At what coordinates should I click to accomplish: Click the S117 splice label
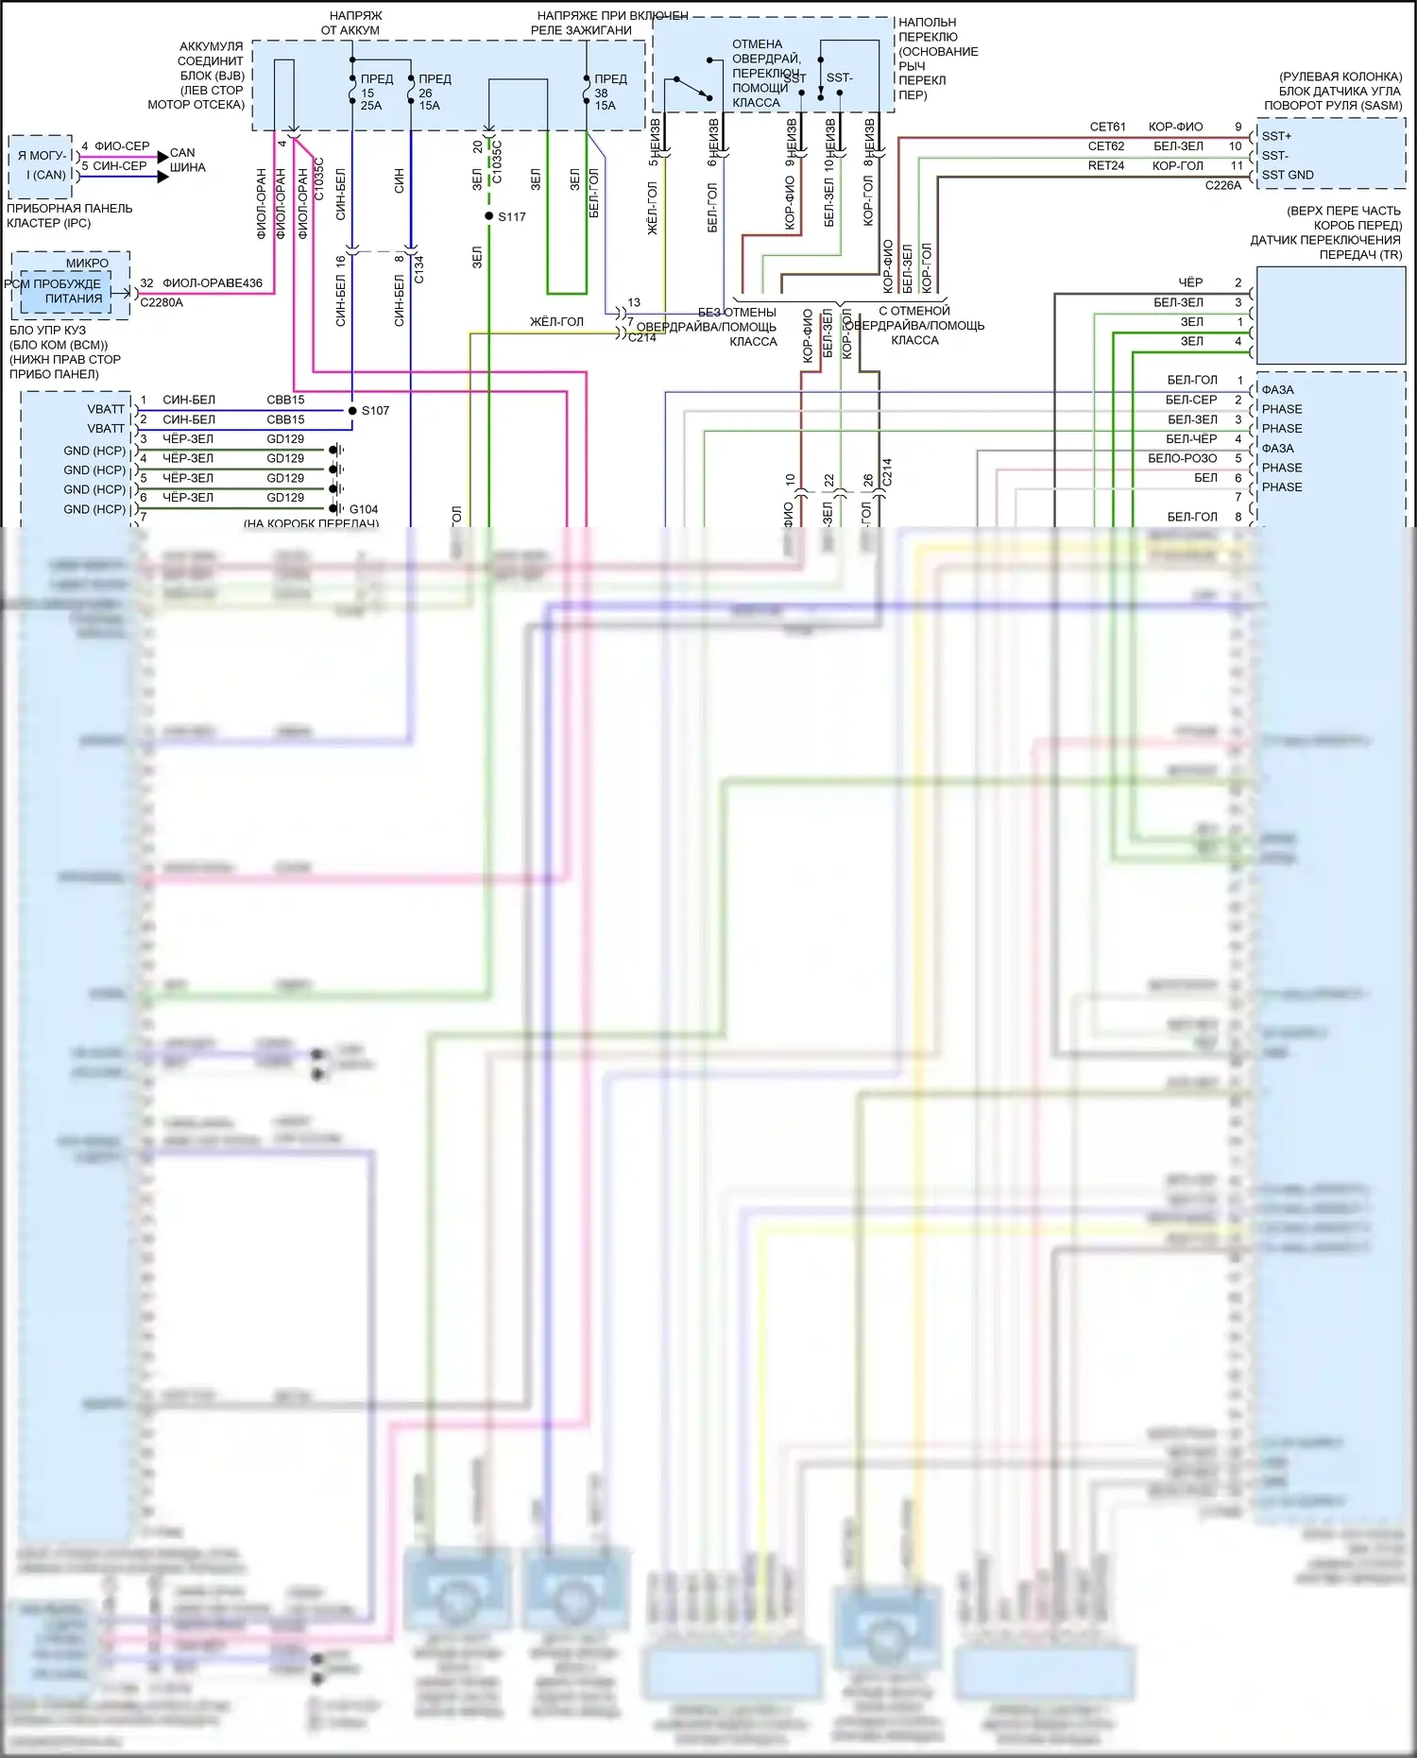tap(512, 217)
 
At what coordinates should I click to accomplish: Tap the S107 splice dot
tap(352, 411)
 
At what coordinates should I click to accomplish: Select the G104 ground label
tap(364, 509)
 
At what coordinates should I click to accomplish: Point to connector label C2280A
tap(162, 302)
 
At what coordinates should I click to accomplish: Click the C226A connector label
tap(1222, 185)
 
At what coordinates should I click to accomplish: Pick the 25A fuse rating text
tap(371, 106)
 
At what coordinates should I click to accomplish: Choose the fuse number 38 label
tap(601, 94)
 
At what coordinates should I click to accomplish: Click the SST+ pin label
tap(1276, 136)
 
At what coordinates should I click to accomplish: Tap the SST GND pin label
tap(1288, 175)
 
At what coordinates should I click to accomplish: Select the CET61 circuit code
tap(1107, 127)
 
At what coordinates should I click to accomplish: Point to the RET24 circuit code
tap(1105, 165)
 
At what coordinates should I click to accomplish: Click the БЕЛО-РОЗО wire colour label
tap(1182, 458)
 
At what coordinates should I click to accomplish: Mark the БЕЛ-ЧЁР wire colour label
tap(1191, 438)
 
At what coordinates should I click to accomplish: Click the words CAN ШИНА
tap(187, 160)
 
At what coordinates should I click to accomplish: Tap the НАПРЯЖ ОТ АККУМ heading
tap(350, 23)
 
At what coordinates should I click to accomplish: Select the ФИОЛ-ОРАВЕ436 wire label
tap(213, 283)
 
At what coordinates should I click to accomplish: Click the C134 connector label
tap(418, 269)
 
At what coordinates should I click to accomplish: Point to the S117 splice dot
tap(489, 216)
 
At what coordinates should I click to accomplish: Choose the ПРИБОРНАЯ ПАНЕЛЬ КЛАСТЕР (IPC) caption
tap(69, 215)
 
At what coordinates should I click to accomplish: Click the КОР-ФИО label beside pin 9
tap(1175, 127)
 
